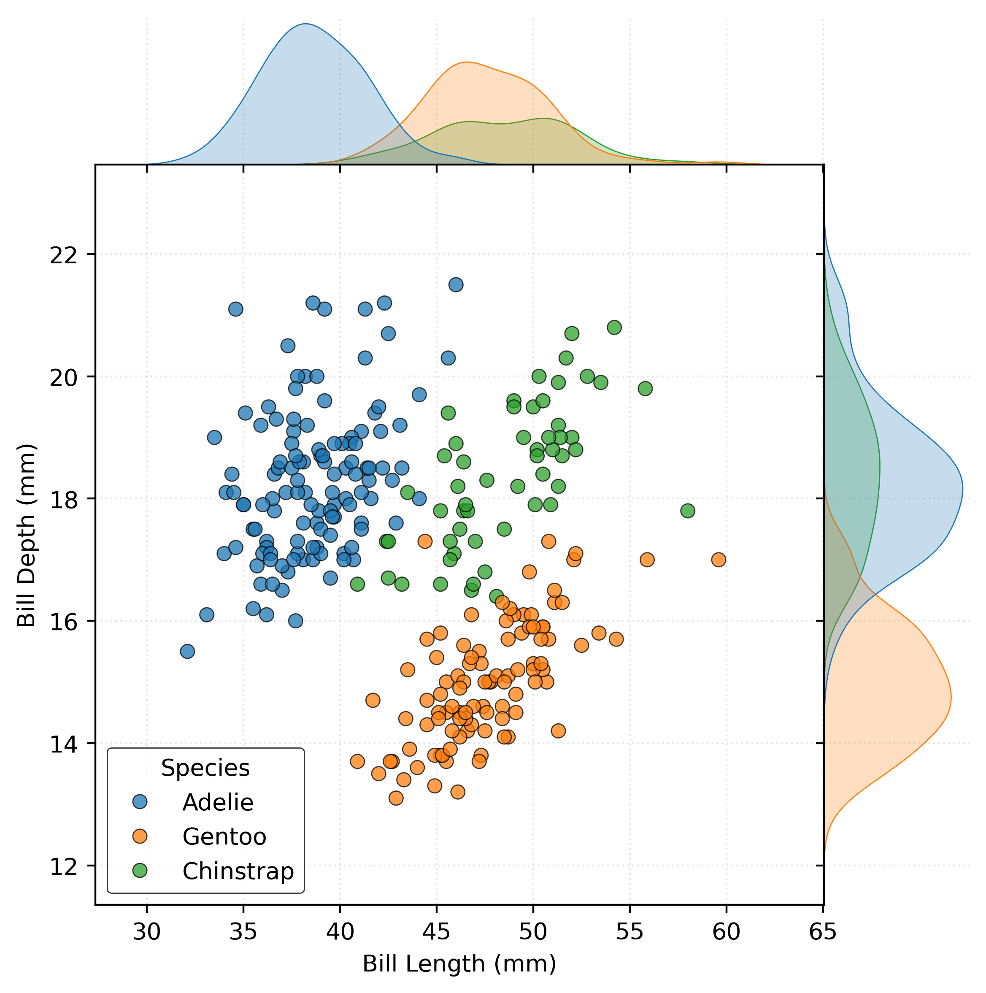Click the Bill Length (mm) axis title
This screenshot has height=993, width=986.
click(459, 964)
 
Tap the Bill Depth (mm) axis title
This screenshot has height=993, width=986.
click(27, 536)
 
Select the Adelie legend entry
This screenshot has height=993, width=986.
click(218, 802)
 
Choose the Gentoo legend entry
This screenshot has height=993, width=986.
click(224, 837)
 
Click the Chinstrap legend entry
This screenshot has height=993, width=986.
click(238, 871)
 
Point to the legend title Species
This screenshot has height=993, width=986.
click(205, 768)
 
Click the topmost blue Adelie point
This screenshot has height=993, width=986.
click(456, 285)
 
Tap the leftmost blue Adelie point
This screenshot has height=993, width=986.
click(188, 652)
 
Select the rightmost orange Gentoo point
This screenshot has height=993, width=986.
click(719, 560)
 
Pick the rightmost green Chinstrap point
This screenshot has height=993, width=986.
click(687, 511)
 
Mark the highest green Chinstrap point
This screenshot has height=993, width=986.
click(614, 327)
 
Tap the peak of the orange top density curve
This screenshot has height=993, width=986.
click(467, 62)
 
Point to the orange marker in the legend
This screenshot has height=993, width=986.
click(140, 836)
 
